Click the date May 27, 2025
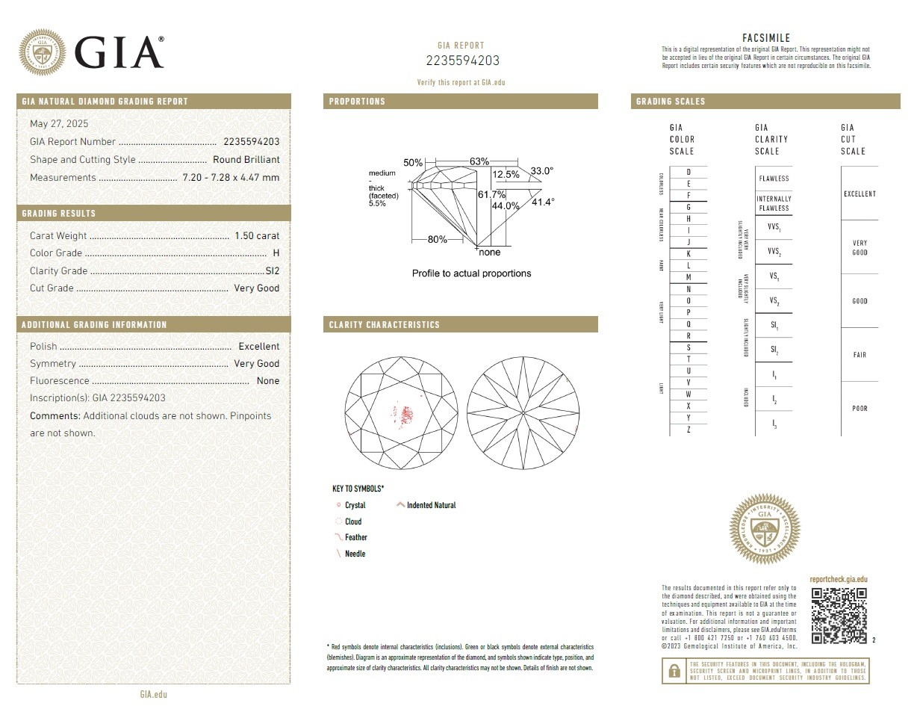tap(59, 123)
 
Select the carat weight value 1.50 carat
tap(257, 235)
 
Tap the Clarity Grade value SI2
tap(273, 270)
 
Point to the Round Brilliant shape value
tap(246, 159)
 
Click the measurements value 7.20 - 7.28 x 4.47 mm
tap(231, 177)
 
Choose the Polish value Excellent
tap(258, 346)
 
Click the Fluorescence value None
tap(267, 380)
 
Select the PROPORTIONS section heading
tap(358, 102)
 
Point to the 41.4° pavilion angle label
tap(542, 202)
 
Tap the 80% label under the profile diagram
tap(437, 239)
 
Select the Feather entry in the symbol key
tap(356, 537)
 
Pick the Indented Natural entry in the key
tap(431, 505)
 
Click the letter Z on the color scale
tap(688, 430)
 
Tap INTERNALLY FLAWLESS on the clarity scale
tap(773, 203)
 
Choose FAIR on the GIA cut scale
tap(860, 355)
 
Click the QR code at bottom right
tap(839, 616)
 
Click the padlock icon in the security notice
tap(674, 672)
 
